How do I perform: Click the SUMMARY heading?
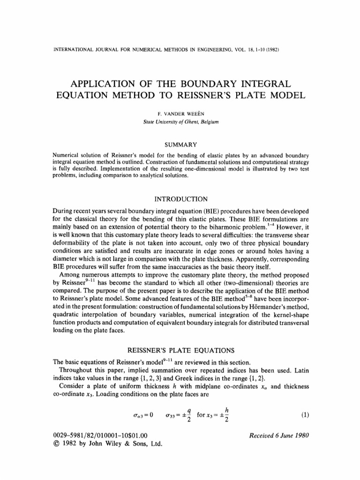(x=180, y=144)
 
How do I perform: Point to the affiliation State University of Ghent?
(x=180, y=122)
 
